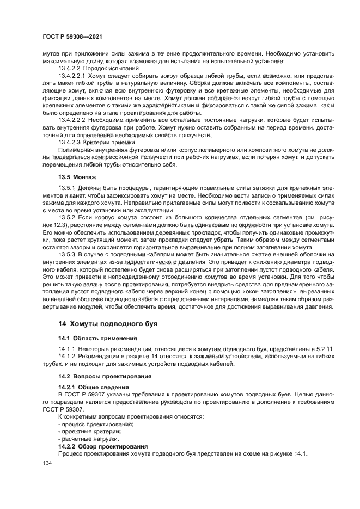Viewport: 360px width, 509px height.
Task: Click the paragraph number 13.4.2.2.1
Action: (x=74, y=76)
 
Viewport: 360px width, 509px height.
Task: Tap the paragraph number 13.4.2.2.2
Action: (x=74, y=118)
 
